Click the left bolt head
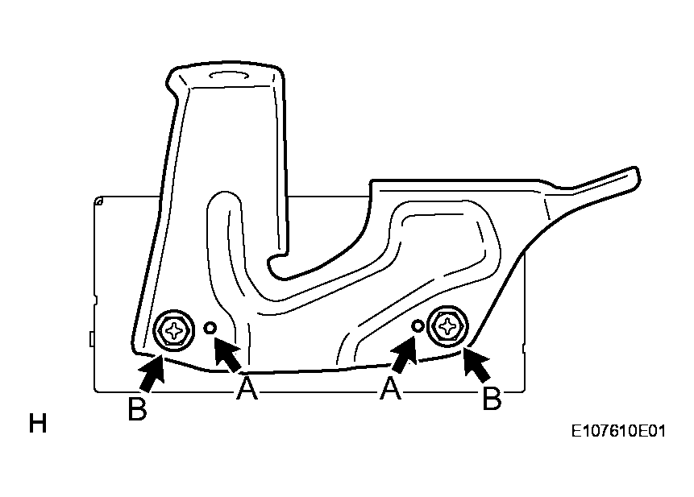click(174, 331)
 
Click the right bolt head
click(449, 327)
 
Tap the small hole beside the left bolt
click(210, 328)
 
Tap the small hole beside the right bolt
click(417, 326)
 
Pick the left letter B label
click(137, 408)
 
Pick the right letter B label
click(492, 399)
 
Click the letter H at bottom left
click(38, 423)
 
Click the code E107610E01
click(618, 431)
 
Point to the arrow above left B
click(152, 374)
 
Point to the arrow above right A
click(404, 354)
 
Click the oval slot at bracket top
click(227, 75)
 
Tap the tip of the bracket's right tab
click(638, 175)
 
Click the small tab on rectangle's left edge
click(91, 338)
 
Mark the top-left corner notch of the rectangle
click(98, 201)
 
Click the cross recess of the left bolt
click(174, 331)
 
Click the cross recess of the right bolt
click(449, 327)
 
